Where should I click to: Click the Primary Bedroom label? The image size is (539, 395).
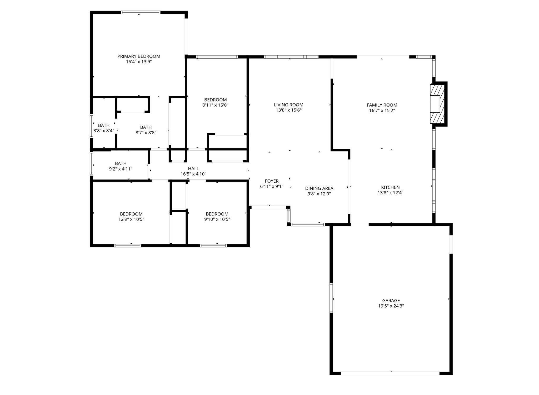pyautogui.click(x=139, y=56)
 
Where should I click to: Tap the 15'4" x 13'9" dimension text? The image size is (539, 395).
pyautogui.click(x=139, y=62)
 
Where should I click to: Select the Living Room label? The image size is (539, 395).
pyautogui.click(x=288, y=105)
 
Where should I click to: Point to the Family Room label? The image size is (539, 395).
pyautogui.click(x=382, y=105)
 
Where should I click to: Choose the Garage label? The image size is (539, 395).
pyautogui.click(x=391, y=301)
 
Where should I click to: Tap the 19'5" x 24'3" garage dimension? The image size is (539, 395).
pyautogui.click(x=391, y=306)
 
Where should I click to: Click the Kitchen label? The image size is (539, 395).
pyautogui.click(x=390, y=187)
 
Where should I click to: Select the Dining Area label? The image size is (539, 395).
pyautogui.click(x=319, y=188)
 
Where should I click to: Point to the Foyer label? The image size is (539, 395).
pyautogui.click(x=272, y=181)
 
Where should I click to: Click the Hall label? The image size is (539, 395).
pyautogui.click(x=193, y=169)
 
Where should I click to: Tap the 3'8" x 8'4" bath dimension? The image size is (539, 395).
pyautogui.click(x=104, y=131)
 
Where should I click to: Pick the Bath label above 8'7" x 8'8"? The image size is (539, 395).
pyautogui.click(x=146, y=127)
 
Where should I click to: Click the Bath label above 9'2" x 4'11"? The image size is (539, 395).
pyautogui.click(x=121, y=163)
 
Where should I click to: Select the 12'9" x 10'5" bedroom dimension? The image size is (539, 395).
pyautogui.click(x=131, y=219)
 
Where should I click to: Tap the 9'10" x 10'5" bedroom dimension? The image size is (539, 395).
pyautogui.click(x=217, y=219)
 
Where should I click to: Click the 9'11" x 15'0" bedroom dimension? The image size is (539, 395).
pyautogui.click(x=215, y=105)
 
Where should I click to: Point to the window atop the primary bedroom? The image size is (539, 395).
pyautogui.click(x=141, y=12)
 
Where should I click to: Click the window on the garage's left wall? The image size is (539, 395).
pyautogui.click(x=331, y=298)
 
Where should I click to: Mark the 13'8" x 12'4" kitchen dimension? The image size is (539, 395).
pyautogui.click(x=390, y=193)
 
